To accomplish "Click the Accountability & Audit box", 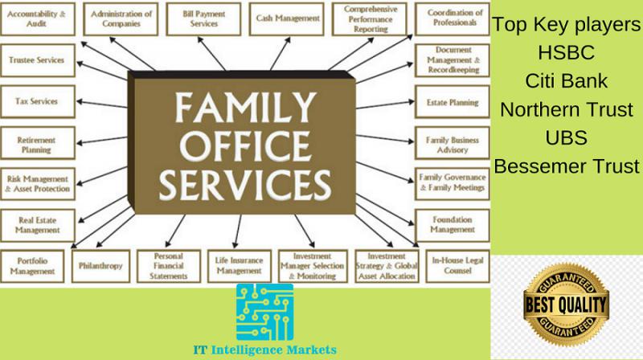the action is pyautogui.click(x=38, y=18).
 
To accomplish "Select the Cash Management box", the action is pyautogui.click(x=286, y=18).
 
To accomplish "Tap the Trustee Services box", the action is pyautogui.click(x=38, y=60).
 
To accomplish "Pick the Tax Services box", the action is pyautogui.click(x=38, y=102).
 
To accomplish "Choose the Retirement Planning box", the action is pyautogui.click(x=38, y=143).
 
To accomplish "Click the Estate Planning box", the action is pyautogui.click(x=453, y=102).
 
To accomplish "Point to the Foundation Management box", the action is pyautogui.click(x=453, y=226).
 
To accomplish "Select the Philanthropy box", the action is pyautogui.click(x=100, y=266).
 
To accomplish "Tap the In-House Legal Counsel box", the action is pyautogui.click(x=457, y=266).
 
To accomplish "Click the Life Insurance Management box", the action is pyautogui.click(x=239, y=266).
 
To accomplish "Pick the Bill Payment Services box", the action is pyautogui.click(x=203, y=18).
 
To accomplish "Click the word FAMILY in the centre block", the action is pyautogui.click(x=246, y=108).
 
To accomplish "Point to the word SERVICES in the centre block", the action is pyautogui.click(x=245, y=185).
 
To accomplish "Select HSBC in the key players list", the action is pyautogui.click(x=567, y=52).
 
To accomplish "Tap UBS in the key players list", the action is pyautogui.click(x=567, y=137).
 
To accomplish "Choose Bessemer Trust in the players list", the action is pyautogui.click(x=567, y=166).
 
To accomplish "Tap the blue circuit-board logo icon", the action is pyautogui.click(x=264, y=312).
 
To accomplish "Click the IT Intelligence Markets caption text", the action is pyautogui.click(x=265, y=350).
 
